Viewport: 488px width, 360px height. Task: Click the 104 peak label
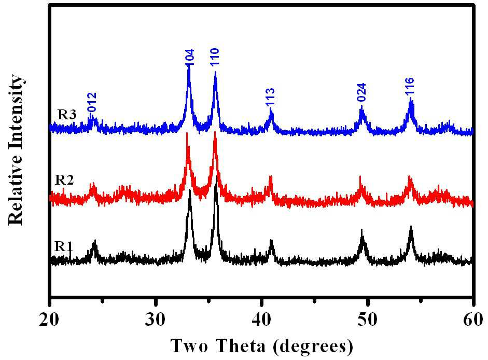click(189, 57)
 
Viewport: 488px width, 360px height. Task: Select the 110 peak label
click(215, 57)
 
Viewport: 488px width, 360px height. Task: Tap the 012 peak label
click(92, 102)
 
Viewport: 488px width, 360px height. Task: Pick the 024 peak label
click(361, 92)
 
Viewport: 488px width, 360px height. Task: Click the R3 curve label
click(67, 115)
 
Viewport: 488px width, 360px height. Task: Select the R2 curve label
click(64, 180)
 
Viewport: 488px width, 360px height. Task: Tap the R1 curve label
click(64, 246)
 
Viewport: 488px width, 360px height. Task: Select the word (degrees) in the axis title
click(313, 347)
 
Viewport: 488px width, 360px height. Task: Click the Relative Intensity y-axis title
click(16, 149)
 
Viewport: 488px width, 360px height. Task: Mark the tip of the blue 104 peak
click(189, 66)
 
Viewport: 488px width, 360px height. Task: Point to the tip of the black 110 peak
click(216, 176)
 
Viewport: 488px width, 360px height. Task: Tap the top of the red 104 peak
click(187, 133)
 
